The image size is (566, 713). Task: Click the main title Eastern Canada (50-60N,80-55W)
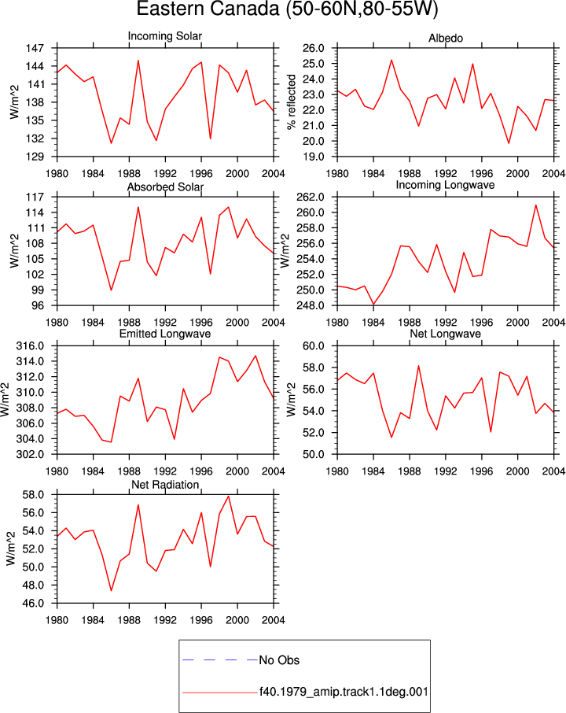point(287,9)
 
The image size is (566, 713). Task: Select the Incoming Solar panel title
point(165,36)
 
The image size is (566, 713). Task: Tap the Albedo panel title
point(446,39)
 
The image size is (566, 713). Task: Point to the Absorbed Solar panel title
point(165,187)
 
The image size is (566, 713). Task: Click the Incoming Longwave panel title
point(445,185)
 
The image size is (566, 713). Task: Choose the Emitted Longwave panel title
point(165,334)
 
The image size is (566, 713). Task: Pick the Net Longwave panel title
point(445,334)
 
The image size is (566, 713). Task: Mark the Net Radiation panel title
point(165,485)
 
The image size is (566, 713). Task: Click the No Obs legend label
point(279,660)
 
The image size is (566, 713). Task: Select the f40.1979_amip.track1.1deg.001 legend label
point(344,692)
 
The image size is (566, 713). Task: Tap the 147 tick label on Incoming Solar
point(35,48)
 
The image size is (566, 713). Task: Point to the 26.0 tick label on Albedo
point(314,48)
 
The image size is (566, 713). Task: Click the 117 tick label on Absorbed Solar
point(35,198)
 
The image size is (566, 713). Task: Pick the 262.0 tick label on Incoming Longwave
point(311,198)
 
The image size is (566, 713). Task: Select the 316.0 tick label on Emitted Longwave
point(30,346)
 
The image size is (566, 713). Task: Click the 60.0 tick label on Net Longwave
point(314,346)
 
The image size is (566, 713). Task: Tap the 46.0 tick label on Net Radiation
point(33,604)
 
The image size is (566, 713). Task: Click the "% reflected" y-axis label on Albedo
point(292,102)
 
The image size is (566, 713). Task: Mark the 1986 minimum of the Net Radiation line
point(112,591)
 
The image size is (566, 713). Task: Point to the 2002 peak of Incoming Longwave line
point(536,205)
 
